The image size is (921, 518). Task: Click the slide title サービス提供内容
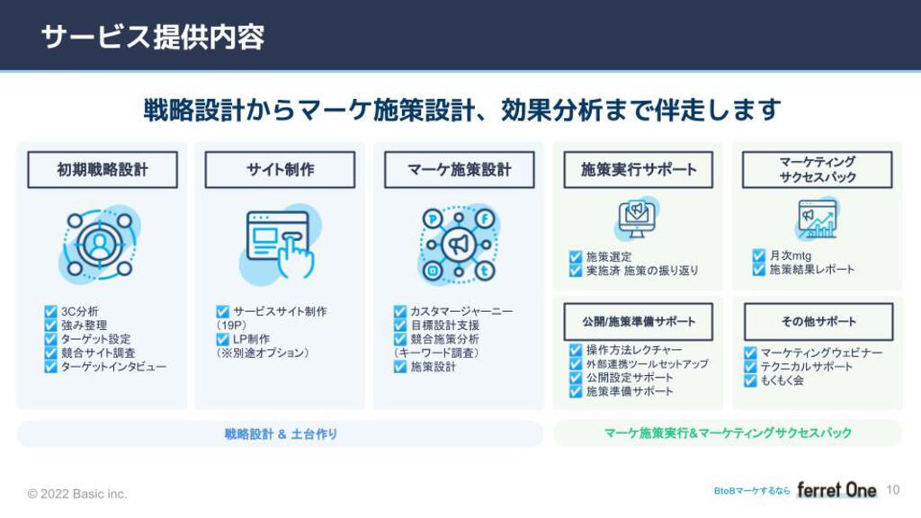[x=153, y=37]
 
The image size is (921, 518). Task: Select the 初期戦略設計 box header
[x=103, y=170]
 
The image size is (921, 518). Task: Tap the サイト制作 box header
[x=281, y=170]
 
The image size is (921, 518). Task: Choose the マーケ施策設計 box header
[x=460, y=170]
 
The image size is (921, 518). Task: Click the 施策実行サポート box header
[x=639, y=170]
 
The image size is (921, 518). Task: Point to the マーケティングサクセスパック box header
[x=817, y=170]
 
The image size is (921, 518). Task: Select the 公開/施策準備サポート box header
[x=639, y=322]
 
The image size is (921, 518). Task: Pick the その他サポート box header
[x=818, y=322]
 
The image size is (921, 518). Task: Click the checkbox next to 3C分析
[x=50, y=311]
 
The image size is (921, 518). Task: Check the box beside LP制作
[x=222, y=339]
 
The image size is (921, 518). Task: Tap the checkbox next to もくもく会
[x=750, y=380]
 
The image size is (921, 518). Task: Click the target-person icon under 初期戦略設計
[x=100, y=244]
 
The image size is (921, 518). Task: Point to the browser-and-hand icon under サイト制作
[x=281, y=244]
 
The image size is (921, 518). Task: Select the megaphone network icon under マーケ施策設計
[x=459, y=245]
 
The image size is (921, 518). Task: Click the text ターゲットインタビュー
[x=113, y=367]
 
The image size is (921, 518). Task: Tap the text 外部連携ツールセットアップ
[x=648, y=364]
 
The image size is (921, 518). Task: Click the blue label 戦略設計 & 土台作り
[x=281, y=434]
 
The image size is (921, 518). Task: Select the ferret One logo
[x=836, y=490]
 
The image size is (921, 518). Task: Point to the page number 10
[x=893, y=490]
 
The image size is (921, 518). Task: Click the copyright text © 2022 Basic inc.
[x=77, y=494]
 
